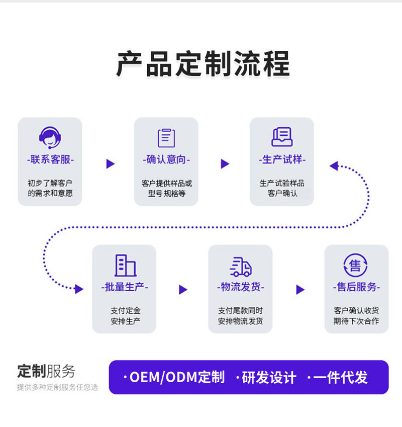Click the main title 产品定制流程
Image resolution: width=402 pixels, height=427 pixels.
pyautogui.click(x=203, y=64)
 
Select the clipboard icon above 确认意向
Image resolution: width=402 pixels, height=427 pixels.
pyautogui.click(x=166, y=137)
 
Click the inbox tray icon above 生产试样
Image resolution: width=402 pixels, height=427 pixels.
pyautogui.click(x=282, y=137)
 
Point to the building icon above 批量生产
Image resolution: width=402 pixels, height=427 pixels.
pyautogui.click(x=125, y=265)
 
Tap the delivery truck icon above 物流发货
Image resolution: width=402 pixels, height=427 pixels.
pyautogui.click(x=240, y=266)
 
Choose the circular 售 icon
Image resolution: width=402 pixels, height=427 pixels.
pyautogui.click(x=356, y=265)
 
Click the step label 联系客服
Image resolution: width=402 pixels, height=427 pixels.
pyautogui.click(x=50, y=160)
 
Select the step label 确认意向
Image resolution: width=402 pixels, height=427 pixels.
pyautogui.click(x=166, y=160)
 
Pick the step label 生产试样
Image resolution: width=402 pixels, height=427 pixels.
pyautogui.click(x=282, y=160)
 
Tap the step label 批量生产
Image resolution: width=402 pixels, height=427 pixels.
pyautogui.click(x=124, y=287)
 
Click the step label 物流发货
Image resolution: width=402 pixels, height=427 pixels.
pyautogui.click(x=240, y=287)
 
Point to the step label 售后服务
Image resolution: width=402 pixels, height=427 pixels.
pyautogui.click(x=356, y=287)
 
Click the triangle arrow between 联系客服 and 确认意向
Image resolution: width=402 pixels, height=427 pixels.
pyautogui.click(x=111, y=163)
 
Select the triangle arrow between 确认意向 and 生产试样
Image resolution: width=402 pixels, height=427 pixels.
pyautogui.click(x=225, y=163)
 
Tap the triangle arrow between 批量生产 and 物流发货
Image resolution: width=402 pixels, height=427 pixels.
pyautogui.click(x=183, y=290)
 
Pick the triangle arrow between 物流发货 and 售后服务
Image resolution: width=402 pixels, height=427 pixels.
pyautogui.click(x=300, y=290)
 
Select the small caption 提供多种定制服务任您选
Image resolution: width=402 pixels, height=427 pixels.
pyautogui.click(x=57, y=387)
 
